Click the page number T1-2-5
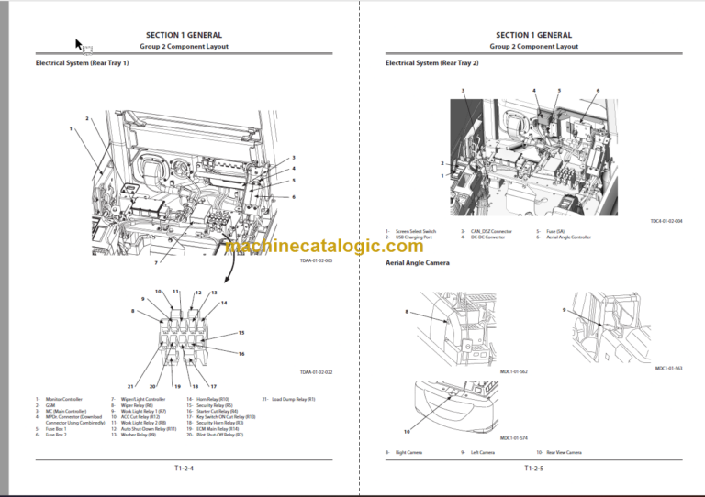pos(533,469)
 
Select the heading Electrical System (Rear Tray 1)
pos(82,63)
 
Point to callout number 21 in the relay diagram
pos(131,386)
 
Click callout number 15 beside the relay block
pos(241,332)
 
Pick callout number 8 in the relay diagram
pos(132,312)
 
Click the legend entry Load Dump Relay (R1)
pos(292,400)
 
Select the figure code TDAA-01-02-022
pos(316,371)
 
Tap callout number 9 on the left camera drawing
pos(565,311)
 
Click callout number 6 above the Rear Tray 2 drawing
pos(597,91)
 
